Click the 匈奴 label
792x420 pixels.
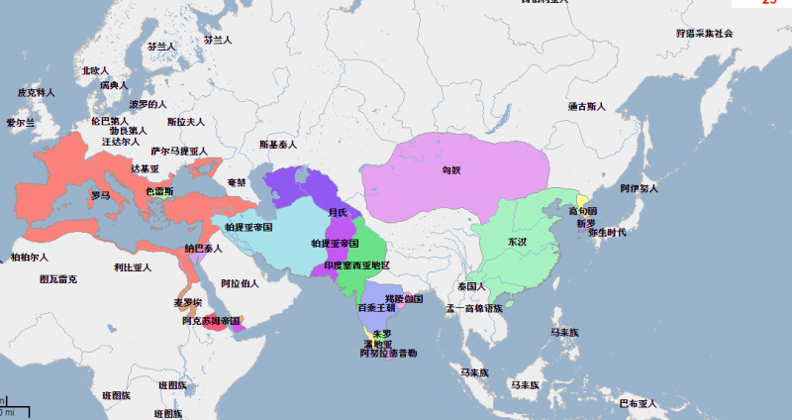[451, 169]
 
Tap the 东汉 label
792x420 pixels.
[517, 241]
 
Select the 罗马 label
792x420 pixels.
[100, 195]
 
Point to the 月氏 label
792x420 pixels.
[338, 212]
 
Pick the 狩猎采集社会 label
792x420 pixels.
[704, 33]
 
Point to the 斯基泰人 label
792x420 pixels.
[277, 145]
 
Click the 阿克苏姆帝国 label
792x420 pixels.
[212, 321]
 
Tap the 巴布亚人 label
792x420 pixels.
[638, 403]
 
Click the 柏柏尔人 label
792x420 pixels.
[29, 258]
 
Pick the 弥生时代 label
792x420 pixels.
[607, 232]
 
